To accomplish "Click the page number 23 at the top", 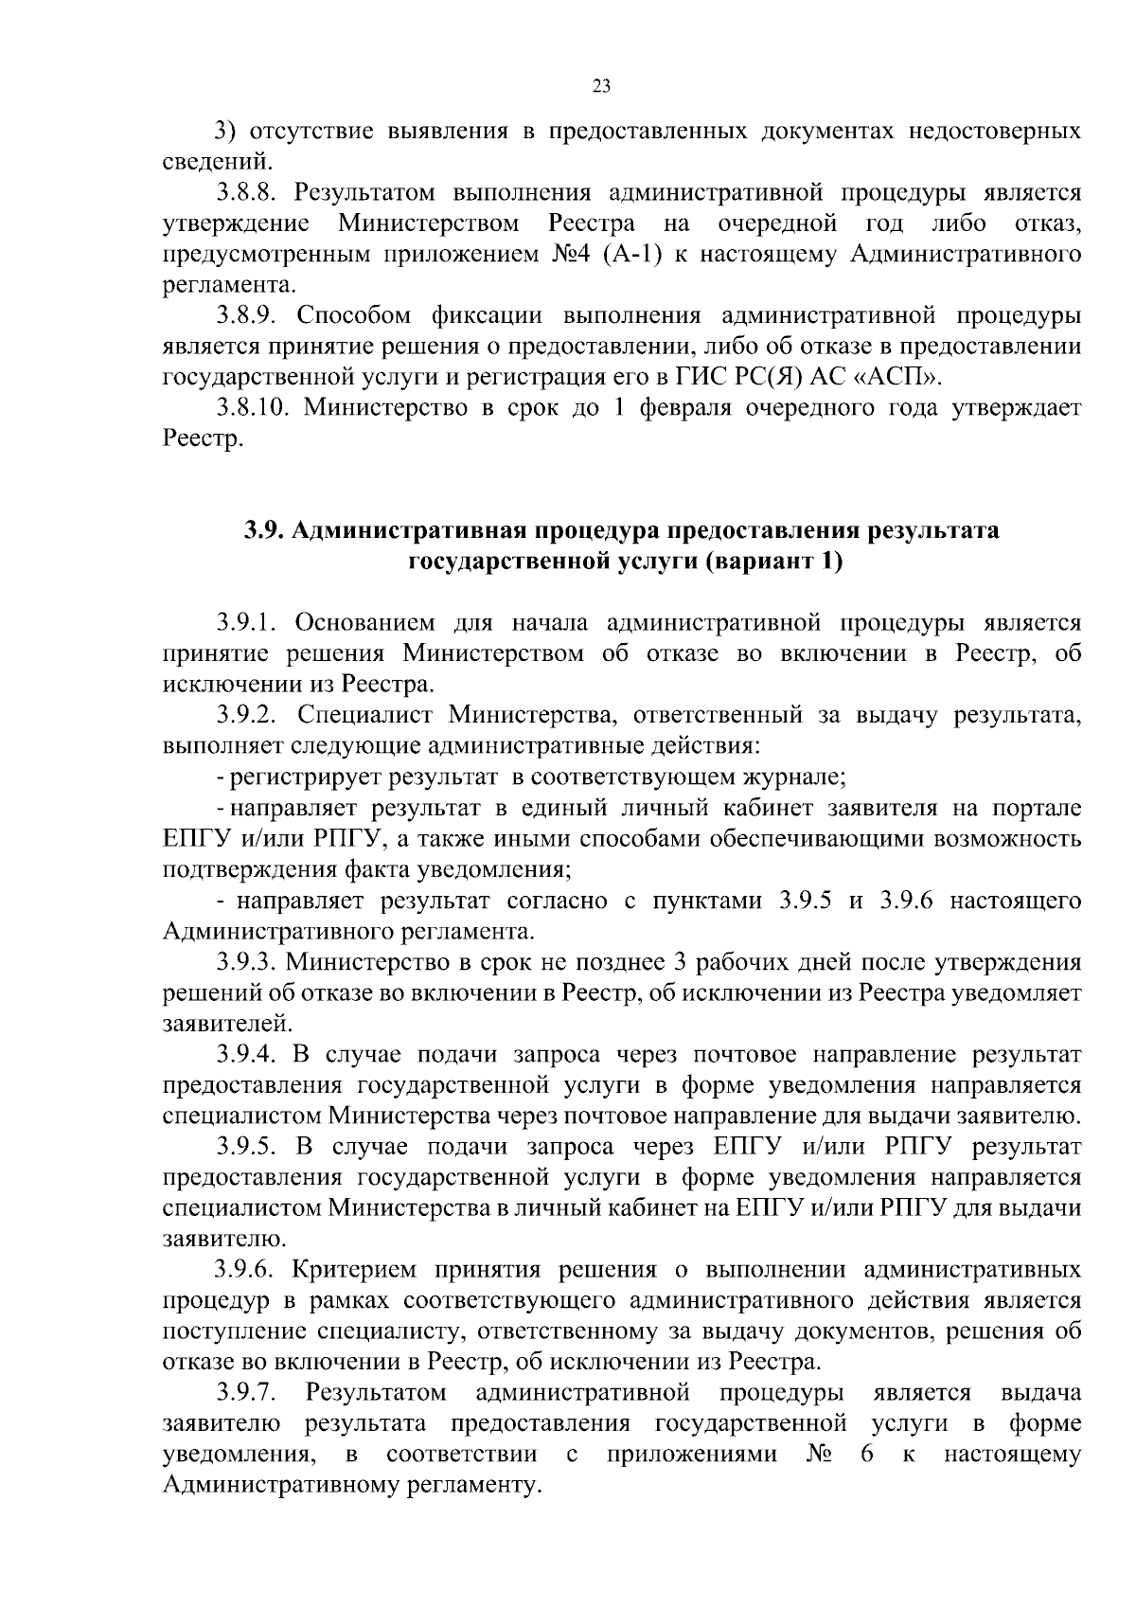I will click(601, 86).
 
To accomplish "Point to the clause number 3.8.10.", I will click(252, 408).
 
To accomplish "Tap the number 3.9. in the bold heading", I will click(265, 530).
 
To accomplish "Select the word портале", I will click(1036, 808).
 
